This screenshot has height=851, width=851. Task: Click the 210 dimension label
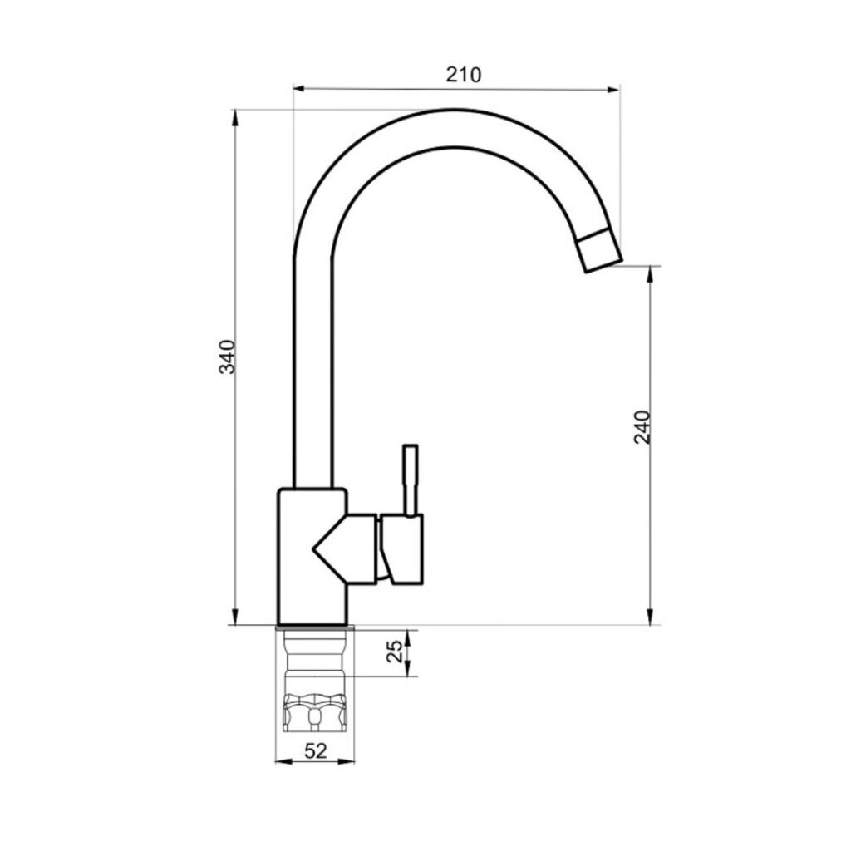[464, 74]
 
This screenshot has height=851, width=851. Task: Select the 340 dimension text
[227, 356]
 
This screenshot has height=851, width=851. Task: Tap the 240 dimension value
[642, 427]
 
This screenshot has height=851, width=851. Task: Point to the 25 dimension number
[396, 652]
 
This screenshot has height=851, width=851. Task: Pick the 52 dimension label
[316, 751]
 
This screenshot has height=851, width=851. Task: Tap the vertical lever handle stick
[411, 480]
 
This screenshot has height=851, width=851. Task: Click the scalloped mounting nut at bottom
[315, 713]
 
